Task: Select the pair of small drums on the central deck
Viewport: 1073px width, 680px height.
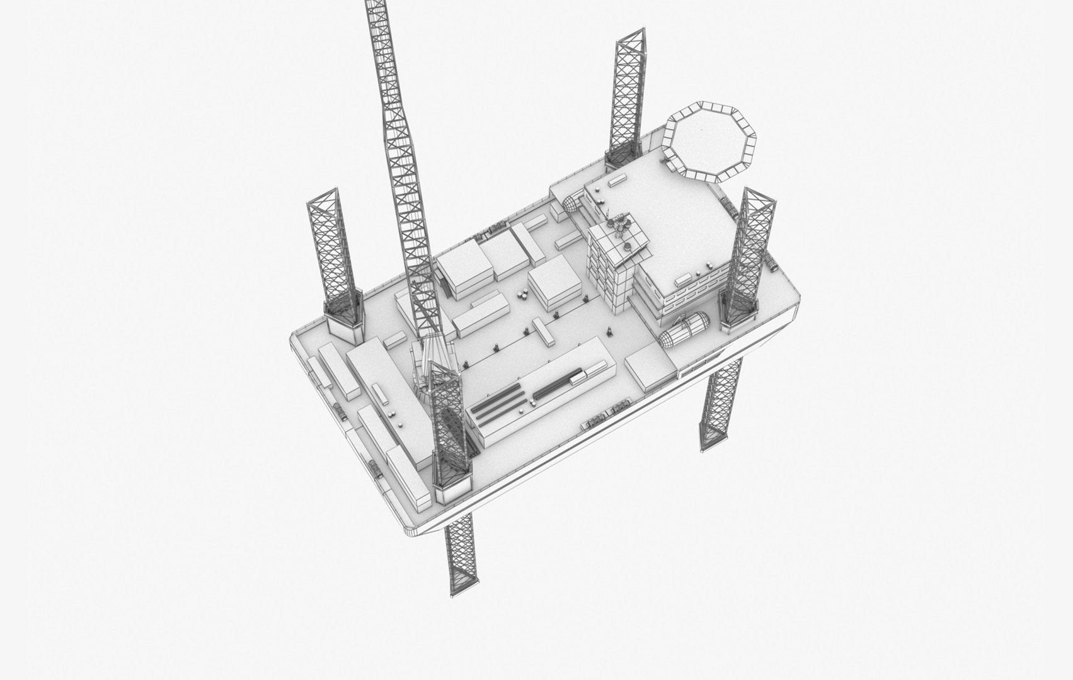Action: pyautogui.click(x=522, y=293)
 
